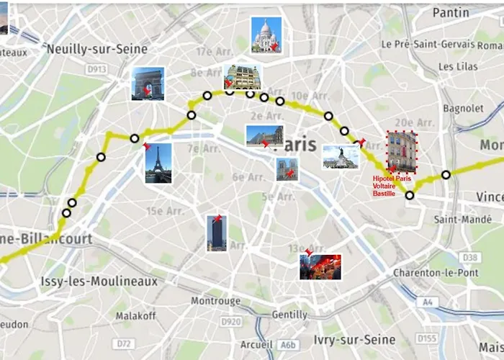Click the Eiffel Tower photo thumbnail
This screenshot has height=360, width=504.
(158, 163)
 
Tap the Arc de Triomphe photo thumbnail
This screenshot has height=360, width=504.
(148, 84)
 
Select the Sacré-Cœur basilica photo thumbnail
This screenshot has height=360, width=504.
(264, 35)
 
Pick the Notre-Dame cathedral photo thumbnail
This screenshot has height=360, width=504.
(287, 169)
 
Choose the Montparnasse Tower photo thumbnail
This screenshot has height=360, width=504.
(216, 233)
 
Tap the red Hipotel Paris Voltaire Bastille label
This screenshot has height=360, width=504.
(392, 186)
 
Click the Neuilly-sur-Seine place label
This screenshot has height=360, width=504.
(96, 49)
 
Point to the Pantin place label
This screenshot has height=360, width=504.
(451, 12)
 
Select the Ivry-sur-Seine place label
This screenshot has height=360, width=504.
(354, 339)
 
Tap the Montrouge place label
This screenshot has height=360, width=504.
(216, 301)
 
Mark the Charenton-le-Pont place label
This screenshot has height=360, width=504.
(435, 273)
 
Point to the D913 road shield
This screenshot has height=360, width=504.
(96, 69)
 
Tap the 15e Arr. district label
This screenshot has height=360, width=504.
(165, 211)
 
